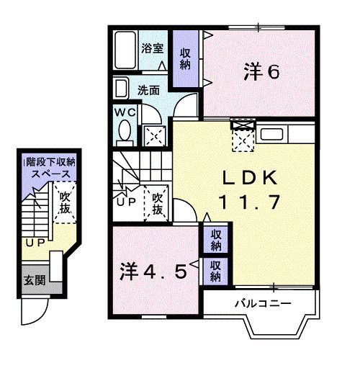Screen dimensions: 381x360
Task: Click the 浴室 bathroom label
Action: pyautogui.click(x=152, y=49)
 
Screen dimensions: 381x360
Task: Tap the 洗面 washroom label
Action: pyautogui.click(x=148, y=91)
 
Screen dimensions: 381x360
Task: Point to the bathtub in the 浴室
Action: pyautogui.click(x=125, y=50)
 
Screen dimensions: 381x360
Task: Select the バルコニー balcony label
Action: pyautogui.click(x=261, y=303)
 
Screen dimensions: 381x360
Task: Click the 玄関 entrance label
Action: pyautogui.click(x=32, y=279)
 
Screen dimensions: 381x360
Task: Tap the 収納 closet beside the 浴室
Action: pyautogui.click(x=185, y=58)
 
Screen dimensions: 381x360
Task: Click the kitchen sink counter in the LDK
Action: pyautogui.click(x=274, y=135)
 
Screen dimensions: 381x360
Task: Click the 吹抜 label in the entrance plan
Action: pyautogui.click(x=66, y=203)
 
